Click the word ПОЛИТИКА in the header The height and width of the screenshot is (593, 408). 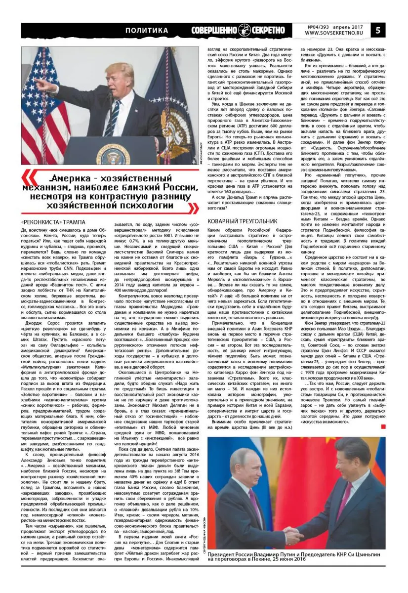tap(147, 31)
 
